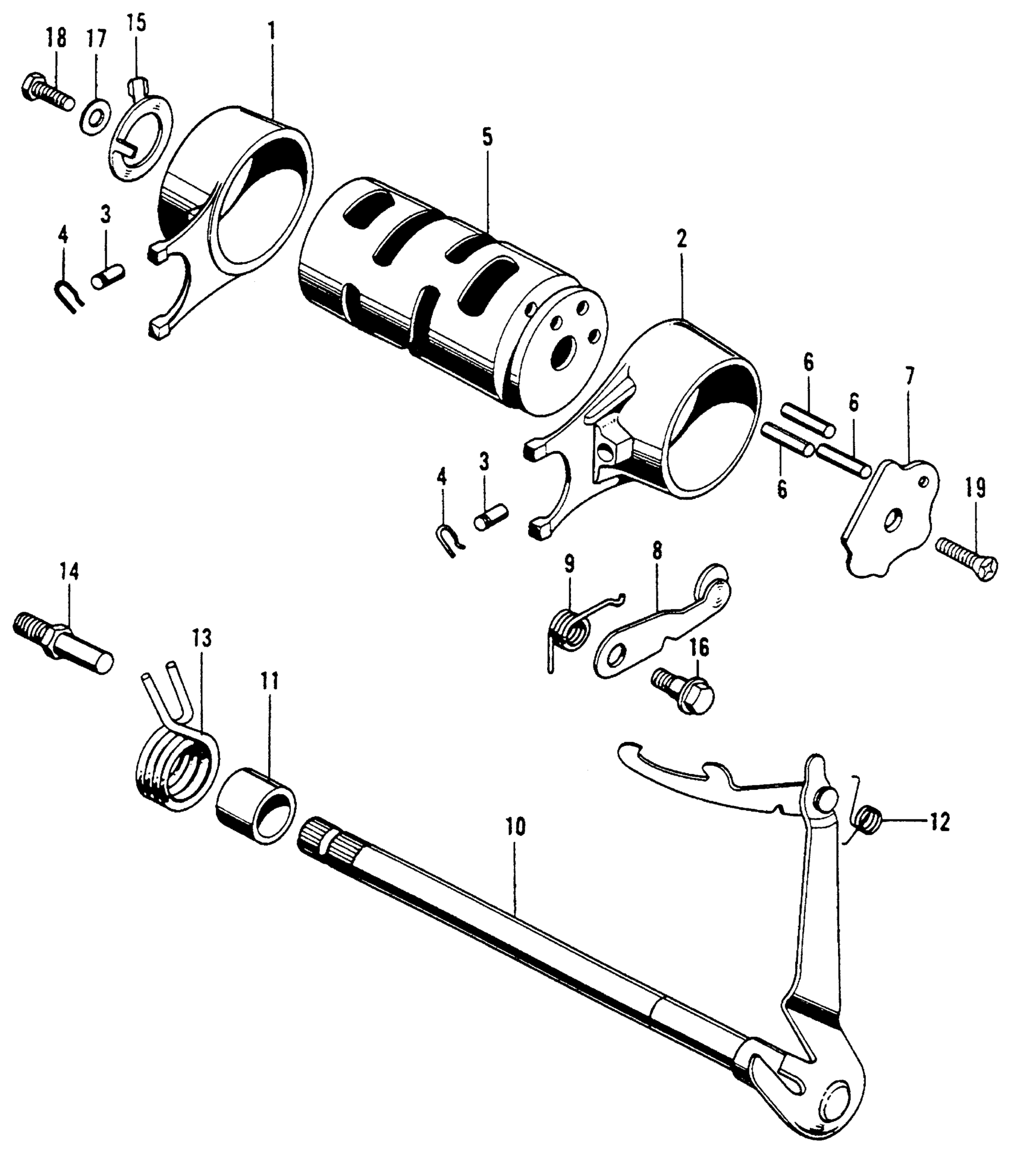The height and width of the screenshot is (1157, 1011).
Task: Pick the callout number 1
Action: [271, 32]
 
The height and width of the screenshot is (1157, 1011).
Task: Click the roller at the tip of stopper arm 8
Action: [712, 585]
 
